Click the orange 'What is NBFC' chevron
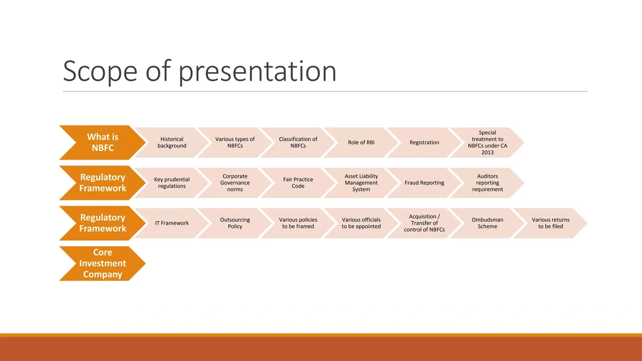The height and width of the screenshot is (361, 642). pyautogui.click(x=103, y=142)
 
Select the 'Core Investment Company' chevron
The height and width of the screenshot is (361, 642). pyautogui.click(x=103, y=263)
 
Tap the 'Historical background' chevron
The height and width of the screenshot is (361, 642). pyautogui.click(x=172, y=142)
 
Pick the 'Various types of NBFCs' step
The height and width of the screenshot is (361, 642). pyautogui.click(x=235, y=142)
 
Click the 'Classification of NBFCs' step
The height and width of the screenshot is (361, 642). pyautogui.click(x=298, y=142)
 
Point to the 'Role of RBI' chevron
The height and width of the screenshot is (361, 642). pyautogui.click(x=361, y=142)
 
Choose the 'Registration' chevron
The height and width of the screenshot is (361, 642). pyautogui.click(x=424, y=142)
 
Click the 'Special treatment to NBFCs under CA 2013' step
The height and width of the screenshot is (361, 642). pyautogui.click(x=487, y=142)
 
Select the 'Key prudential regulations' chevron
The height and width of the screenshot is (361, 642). pyautogui.click(x=172, y=183)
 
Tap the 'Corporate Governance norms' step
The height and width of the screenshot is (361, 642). pyautogui.click(x=235, y=183)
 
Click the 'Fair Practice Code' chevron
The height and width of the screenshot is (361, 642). pyautogui.click(x=298, y=183)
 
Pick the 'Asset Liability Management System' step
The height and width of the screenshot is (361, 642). pyautogui.click(x=361, y=183)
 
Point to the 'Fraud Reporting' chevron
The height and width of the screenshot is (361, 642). pyautogui.click(x=424, y=183)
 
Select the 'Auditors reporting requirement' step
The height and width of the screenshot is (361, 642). pyautogui.click(x=487, y=183)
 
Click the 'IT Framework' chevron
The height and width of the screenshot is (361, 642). pyautogui.click(x=172, y=223)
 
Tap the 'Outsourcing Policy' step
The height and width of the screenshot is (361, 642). pyautogui.click(x=235, y=223)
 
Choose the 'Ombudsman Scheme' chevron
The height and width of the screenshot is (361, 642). pyautogui.click(x=487, y=223)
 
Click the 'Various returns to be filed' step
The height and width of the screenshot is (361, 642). pyautogui.click(x=551, y=223)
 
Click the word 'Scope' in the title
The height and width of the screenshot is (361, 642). pyautogui.click(x=100, y=72)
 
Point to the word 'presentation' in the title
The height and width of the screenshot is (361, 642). pyautogui.click(x=257, y=72)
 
